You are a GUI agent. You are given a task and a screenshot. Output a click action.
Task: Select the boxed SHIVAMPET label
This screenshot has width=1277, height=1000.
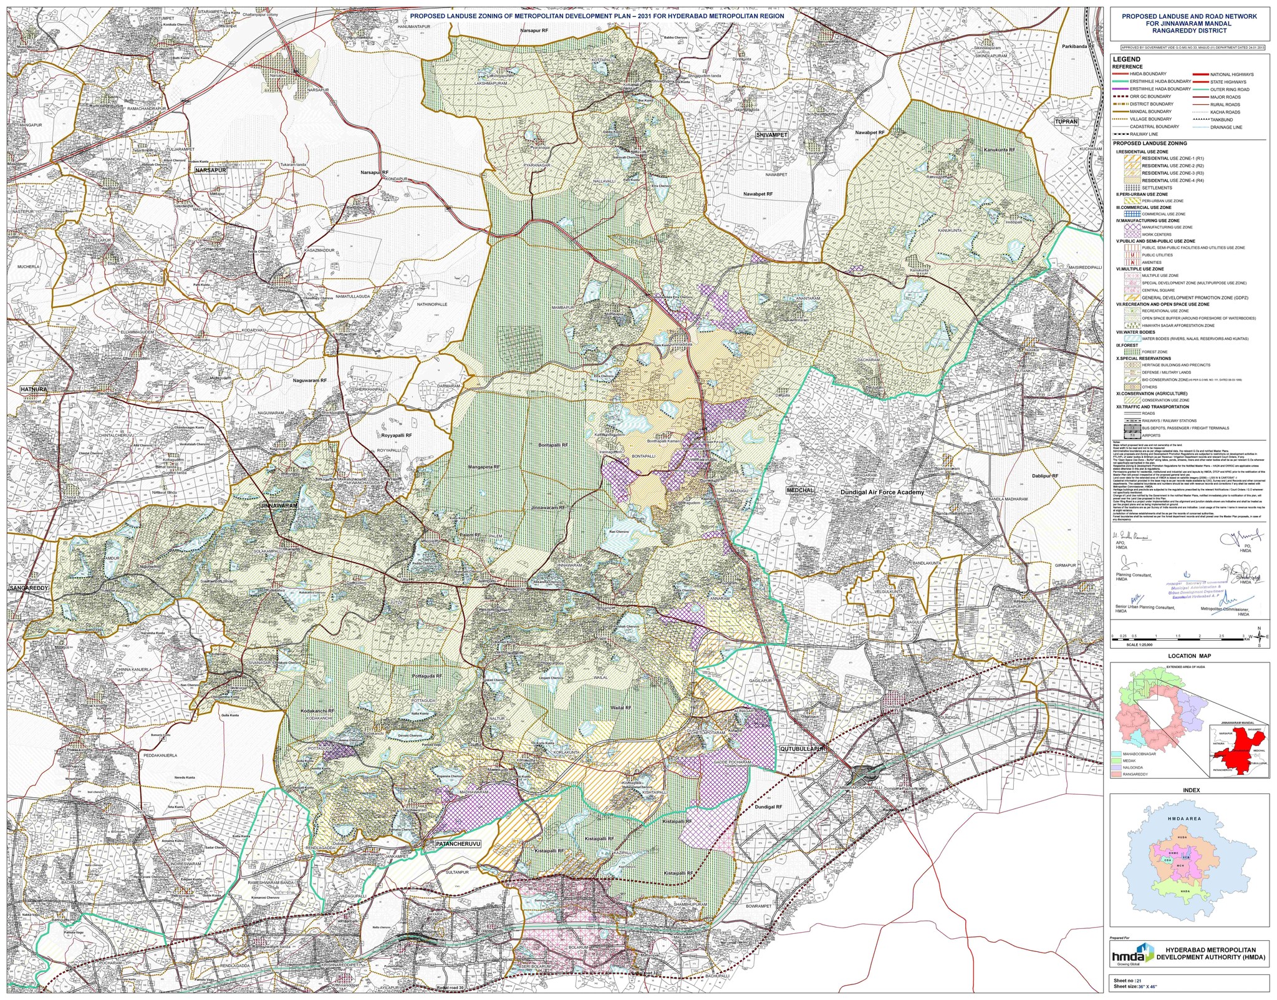[771, 135]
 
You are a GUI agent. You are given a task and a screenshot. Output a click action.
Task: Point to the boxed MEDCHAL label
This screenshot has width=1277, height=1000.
[801, 490]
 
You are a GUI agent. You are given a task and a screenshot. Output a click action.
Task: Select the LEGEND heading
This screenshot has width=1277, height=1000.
[1126, 59]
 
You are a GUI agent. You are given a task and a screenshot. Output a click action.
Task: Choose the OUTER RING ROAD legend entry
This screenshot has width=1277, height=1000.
[1225, 89]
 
